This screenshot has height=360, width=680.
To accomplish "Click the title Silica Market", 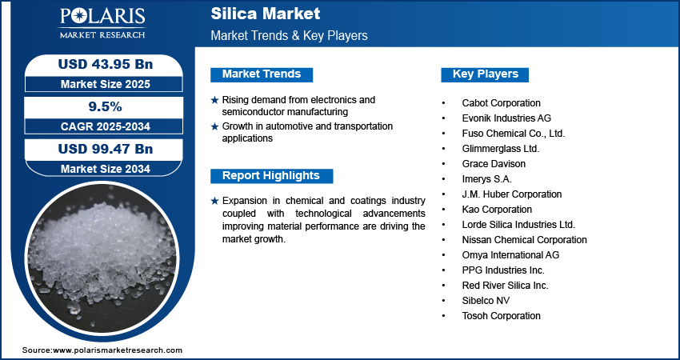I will [265, 14].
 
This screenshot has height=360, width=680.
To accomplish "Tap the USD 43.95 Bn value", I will [99, 64].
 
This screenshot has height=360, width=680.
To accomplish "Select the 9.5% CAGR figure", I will [99, 106].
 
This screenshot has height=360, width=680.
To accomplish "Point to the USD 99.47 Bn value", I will [99, 149].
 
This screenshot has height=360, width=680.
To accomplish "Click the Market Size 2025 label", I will [99, 83].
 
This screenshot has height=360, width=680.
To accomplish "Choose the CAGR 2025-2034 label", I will [99, 126].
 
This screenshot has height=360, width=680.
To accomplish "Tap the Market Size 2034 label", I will [99, 168].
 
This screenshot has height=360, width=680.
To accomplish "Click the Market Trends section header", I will [262, 74].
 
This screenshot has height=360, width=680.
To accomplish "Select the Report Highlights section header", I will [271, 176].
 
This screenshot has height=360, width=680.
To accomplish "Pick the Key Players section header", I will [486, 74].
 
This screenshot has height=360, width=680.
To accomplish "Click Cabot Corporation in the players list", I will [501, 103].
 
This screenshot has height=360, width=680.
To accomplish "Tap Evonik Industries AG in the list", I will [506, 118].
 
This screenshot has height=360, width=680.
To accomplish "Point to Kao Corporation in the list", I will [497, 210].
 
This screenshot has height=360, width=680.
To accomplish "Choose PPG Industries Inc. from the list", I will [503, 270].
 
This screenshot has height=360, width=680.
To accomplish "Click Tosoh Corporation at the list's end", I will [501, 316].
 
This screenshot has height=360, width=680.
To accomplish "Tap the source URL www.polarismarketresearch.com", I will [118, 350].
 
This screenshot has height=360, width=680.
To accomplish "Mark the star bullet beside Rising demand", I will [214, 100].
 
